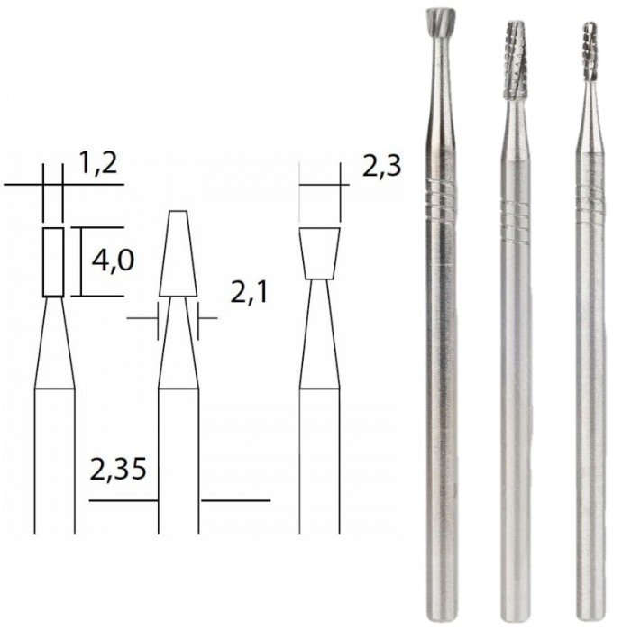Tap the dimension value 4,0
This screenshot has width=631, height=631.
point(114,261)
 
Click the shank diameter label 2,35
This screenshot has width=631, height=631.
point(120,470)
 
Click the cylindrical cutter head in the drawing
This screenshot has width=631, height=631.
point(54,261)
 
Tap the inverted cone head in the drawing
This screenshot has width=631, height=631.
point(319,252)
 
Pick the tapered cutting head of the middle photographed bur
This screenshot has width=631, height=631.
point(516,59)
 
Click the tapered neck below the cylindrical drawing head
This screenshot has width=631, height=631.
point(54,343)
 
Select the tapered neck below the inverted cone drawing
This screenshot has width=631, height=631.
point(319,334)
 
